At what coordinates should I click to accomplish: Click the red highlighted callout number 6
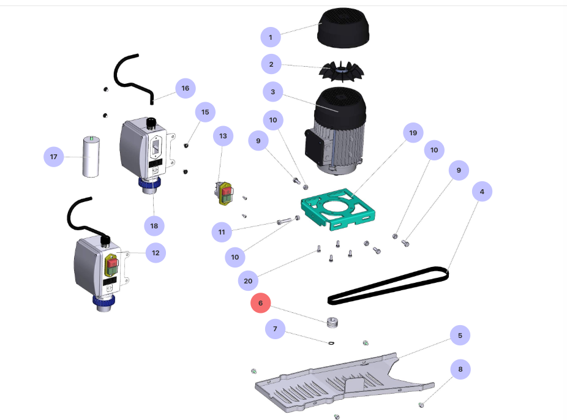click(x=260, y=303)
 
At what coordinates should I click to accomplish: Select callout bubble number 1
click(x=270, y=37)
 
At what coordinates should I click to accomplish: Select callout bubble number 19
click(x=413, y=133)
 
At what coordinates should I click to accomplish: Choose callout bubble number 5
click(x=460, y=335)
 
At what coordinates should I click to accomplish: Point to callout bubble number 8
click(x=460, y=369)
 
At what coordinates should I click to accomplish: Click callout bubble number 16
click(x=185, y=88)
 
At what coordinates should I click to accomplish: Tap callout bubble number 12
click(x=156, y=252)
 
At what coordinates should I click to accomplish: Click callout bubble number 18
click(x=154, y=226)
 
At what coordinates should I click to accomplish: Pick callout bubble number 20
click(x=248, y=281)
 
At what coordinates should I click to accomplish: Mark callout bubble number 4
click(x=482, y=192)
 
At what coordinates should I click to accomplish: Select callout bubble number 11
click(x=222, y=232)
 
